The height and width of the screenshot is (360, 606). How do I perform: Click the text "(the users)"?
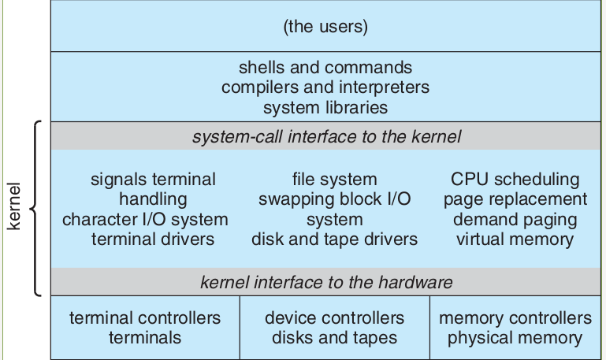[325, 27]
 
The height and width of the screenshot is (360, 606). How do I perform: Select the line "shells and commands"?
[325, 68]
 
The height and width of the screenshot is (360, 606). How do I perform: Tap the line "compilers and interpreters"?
[325, 87]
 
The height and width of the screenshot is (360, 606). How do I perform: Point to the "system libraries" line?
[325, 106]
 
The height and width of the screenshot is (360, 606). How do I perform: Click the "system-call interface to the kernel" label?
[326, 136]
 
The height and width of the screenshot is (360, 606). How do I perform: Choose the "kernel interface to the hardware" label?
[326, 281]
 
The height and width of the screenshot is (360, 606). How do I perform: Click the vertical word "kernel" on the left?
[14, 208]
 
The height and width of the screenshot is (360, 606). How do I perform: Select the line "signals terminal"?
[153, 180]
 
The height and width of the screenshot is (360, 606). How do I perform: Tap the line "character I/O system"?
[145, 220]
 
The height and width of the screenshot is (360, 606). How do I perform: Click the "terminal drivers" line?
[153, 239]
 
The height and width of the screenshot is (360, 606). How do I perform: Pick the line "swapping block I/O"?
[334, 199]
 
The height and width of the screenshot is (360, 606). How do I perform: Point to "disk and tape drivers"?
[334, 239]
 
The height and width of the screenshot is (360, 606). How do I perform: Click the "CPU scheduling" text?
[515, 180]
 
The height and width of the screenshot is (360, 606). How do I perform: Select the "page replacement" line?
[515, 199]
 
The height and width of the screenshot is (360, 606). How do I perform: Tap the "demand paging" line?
[515, 220]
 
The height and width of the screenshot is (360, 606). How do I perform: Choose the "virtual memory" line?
[515, 239]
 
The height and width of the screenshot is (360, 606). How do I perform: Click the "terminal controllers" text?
[145, 318]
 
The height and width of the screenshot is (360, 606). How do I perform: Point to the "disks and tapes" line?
[334, 338]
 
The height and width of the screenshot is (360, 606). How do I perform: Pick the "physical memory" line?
[515, 338]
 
